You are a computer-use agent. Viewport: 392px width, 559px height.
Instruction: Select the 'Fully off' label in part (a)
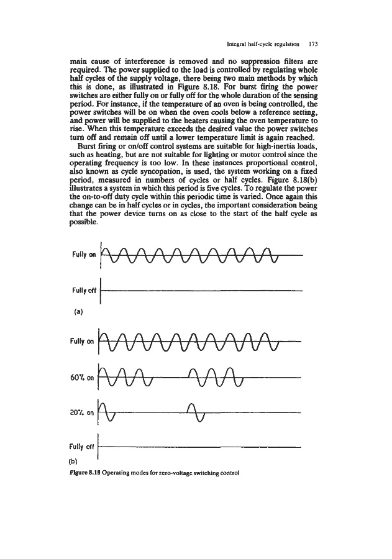pos(83,290)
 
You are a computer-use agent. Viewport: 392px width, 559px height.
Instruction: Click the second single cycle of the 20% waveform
pos(196,412)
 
